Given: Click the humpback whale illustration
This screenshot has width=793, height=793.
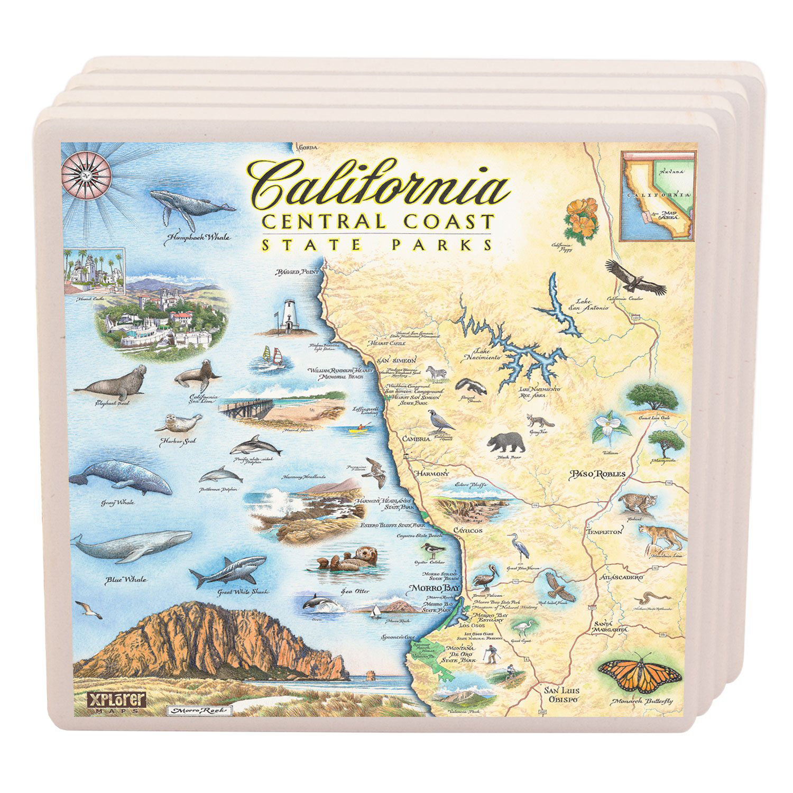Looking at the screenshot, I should [x=190, y=206].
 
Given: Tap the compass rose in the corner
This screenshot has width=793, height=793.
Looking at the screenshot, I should [x=86, y=173].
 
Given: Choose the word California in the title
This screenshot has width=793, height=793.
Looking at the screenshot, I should [x=378, y=185].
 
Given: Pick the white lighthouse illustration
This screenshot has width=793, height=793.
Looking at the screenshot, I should [x=288, y=315].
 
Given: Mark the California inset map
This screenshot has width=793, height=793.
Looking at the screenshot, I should [x=657, y=196].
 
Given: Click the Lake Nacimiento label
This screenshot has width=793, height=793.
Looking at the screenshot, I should [x=486, y=354].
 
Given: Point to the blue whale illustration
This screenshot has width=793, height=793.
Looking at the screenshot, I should [x=132, y=545].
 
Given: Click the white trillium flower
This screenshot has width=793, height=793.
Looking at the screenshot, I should [x=610, y=427].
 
